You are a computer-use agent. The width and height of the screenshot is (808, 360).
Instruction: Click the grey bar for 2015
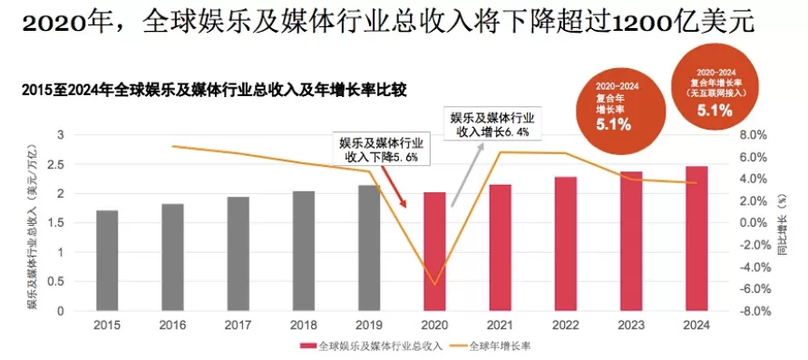pos(107,260)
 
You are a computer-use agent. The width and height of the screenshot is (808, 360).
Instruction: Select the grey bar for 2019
pos(369,248)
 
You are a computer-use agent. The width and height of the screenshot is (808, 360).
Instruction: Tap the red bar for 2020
pos(434,252)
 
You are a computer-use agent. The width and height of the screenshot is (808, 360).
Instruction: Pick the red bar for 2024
pos(696,238)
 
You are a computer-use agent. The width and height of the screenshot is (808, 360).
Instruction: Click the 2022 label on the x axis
pos(565,326)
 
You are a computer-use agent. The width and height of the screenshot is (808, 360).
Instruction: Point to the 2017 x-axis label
pos(238,326)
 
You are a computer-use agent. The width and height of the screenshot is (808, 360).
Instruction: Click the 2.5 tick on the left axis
pos(60,164)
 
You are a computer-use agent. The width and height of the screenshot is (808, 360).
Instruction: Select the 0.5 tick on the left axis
pos(60,282)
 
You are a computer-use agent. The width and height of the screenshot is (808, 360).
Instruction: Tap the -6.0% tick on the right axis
pos(754,289)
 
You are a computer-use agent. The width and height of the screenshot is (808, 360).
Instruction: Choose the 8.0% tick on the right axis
pos(756,135)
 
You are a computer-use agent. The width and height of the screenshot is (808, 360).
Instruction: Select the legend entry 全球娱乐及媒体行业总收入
pos(372,346)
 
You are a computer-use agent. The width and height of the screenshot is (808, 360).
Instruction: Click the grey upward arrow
pos(468,175)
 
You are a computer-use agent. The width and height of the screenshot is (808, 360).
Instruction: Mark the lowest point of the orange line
pos(434,285)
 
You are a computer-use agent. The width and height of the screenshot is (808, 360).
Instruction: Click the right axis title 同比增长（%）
pos(781,225)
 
